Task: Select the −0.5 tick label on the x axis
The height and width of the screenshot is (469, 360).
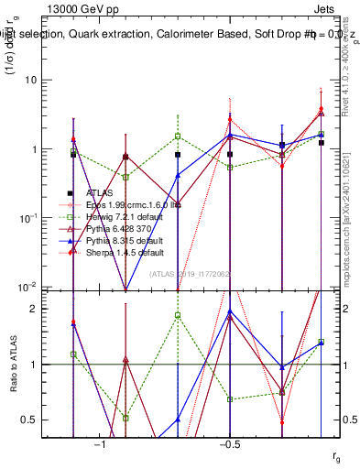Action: coord(229,444)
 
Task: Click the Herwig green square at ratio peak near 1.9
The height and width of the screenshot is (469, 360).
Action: coord(178,315)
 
